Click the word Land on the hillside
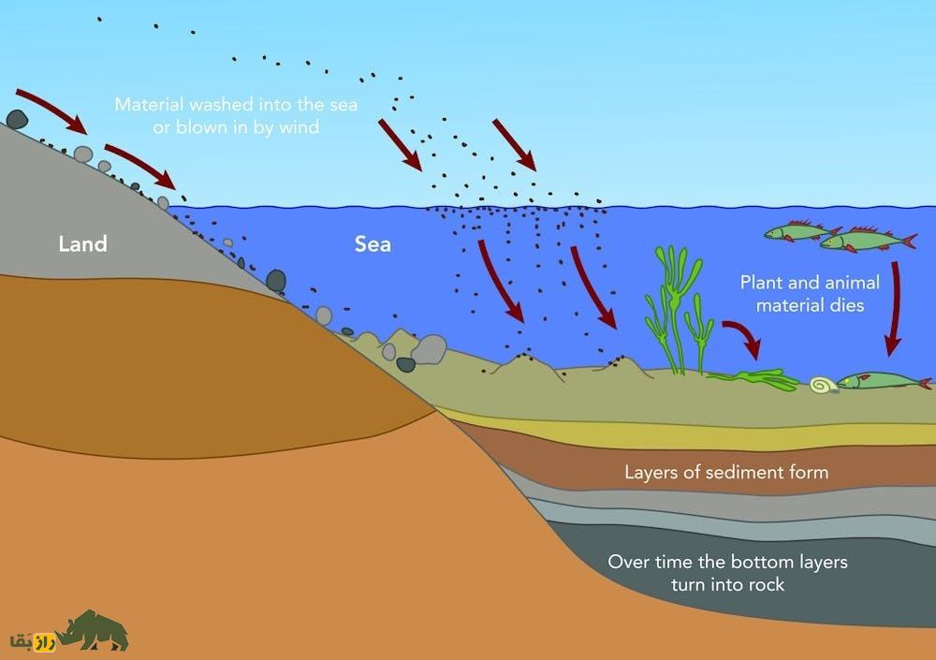[x=82, y=244]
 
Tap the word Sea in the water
[x=373, y=245]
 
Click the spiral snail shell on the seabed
[x=823, y=384]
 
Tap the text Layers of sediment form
[x=726, y=471]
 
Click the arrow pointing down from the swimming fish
[x=893, y=308]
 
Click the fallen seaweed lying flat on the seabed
[x=753, y=378]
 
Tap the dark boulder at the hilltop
[x=17, y=119]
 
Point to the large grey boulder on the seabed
[x=429, y=349]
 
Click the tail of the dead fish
[x=925, y=383]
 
